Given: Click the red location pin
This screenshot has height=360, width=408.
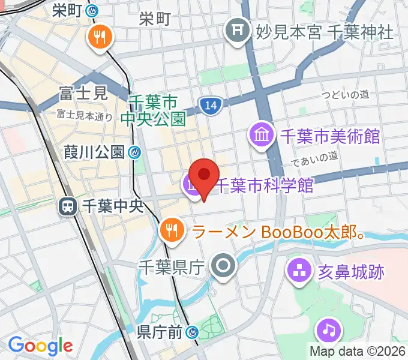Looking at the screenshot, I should point(205,175).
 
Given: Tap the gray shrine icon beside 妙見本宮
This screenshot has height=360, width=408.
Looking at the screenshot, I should point(237,29).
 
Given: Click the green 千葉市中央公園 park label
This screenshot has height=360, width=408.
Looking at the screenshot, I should point(153,110).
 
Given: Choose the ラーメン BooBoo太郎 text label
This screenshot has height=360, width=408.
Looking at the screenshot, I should point(278,231).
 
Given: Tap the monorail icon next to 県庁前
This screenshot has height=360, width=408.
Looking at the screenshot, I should point(192,332).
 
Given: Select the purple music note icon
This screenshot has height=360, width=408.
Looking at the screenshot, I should point(328,330).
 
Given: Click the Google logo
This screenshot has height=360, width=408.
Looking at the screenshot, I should point(40,346).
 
